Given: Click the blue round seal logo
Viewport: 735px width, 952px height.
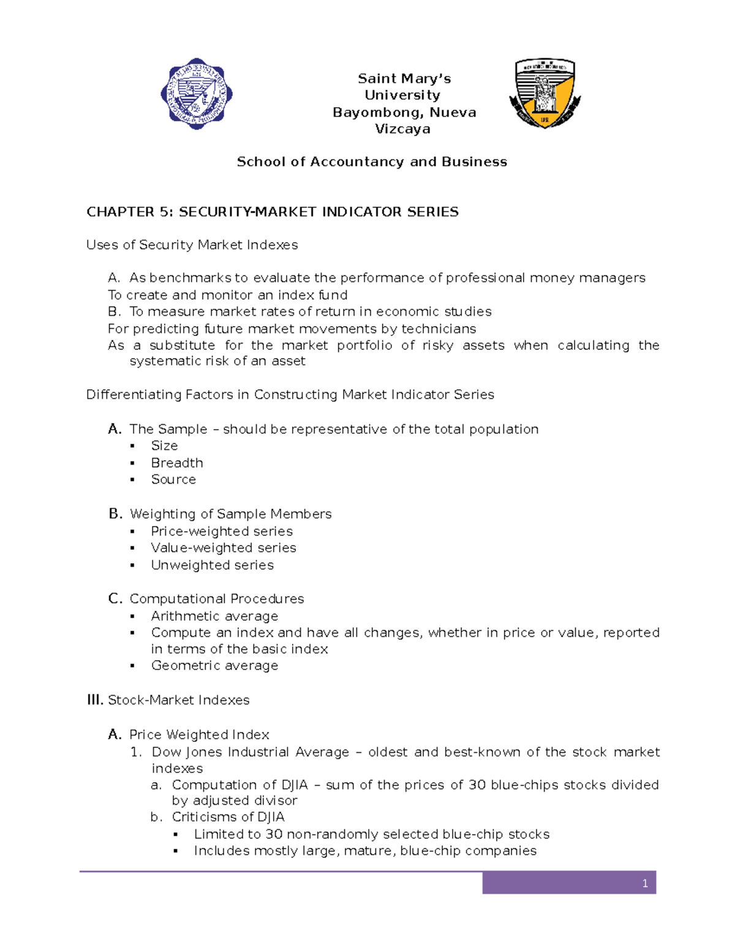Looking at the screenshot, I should [x=196, y=94].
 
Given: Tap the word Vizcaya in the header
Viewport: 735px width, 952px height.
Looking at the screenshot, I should [x=402, y=129].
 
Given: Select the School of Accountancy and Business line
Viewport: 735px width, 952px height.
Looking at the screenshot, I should [x=372, y=162].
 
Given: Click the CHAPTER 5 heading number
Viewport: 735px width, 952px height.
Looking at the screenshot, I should [x=164, y=212].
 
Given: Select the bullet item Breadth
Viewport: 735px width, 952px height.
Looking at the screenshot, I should [x=177, y=463].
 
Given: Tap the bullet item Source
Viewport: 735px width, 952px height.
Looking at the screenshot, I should [x=173, y=479].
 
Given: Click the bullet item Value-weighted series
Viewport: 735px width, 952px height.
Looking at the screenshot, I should [x=224, y=548].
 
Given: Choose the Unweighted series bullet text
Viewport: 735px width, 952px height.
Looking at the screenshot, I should [x=213, y=565].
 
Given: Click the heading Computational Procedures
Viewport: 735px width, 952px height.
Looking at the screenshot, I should [x=217, y=599].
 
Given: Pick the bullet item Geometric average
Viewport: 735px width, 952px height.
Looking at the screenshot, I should [x=214, y=666].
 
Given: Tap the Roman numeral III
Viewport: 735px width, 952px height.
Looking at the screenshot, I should [x=95, y=700].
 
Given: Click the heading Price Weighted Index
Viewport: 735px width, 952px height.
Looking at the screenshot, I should [x=199, y=734].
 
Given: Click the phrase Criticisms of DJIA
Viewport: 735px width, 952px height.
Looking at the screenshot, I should [x=228, y=817].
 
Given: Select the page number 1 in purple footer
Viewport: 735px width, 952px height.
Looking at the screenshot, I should [x=645, y=883].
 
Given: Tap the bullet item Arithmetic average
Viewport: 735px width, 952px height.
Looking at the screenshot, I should [x=214, y=616].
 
